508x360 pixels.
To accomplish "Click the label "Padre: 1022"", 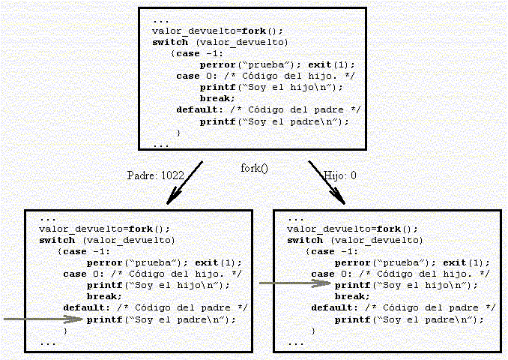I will (x=156, y=175).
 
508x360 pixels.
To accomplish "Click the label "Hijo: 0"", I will (x=340, y=175).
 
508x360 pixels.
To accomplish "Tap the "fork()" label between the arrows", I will (x=254, y=168).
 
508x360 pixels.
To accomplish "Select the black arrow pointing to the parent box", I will (x=185, y=181).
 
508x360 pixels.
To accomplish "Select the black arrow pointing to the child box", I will (x=326, y=181).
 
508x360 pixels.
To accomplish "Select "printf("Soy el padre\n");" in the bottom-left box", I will (x=160, y=319).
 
